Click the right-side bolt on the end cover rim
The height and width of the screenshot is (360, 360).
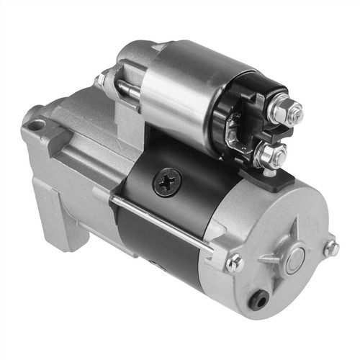[x=330, y=248]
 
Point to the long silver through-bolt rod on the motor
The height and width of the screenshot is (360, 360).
[x=166, y=223]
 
